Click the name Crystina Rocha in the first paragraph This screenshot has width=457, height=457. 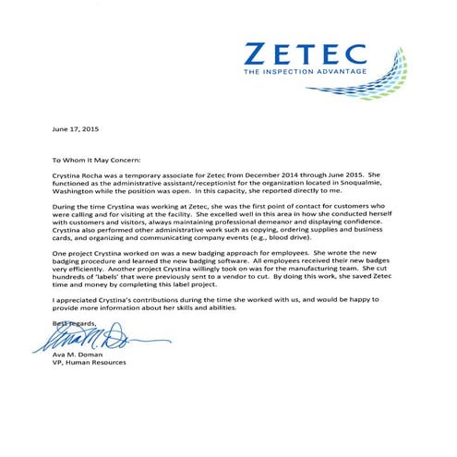point(84,174)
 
